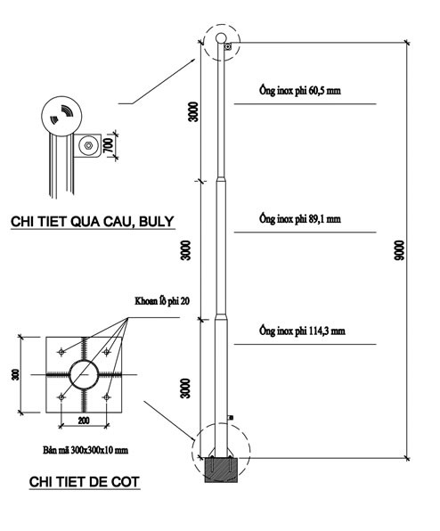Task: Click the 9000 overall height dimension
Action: pos(399,250)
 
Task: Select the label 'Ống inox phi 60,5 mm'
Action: pos(300,90)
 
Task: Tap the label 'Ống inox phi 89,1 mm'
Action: pos(300,219)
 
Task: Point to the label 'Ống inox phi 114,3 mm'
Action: pos(302,331)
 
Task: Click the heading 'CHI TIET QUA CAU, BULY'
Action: pos(93,222)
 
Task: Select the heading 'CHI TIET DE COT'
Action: pos(85,482)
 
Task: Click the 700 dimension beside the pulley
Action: pos(109,145)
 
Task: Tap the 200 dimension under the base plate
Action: pos(84,421)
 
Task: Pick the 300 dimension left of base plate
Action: pos(15,374)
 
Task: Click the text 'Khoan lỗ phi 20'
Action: pos(162,301)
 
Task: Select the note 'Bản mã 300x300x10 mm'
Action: pos(86,450)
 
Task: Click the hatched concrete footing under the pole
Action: pos(221,470)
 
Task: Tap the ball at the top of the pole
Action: pos(221,38)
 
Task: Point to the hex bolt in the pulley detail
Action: pos(88,145)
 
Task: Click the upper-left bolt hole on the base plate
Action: pos(61,352)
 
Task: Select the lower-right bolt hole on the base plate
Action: pos(107,396)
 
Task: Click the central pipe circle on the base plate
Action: pos(84,361)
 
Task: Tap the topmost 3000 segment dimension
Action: pos(193,111)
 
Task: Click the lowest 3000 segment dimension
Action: pos(185,388)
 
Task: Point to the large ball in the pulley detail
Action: pos(61,96)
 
